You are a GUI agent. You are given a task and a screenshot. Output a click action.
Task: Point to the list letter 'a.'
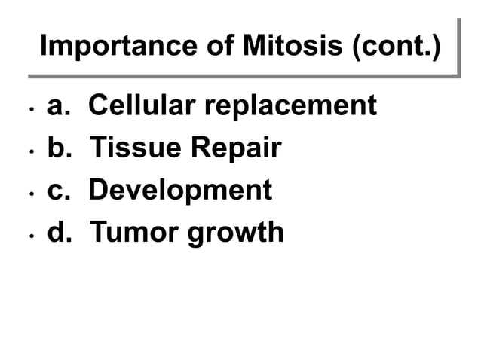click(59, 106)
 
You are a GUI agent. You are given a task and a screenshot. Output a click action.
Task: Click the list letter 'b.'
click(60, 148)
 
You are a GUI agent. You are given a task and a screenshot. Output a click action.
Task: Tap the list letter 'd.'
click(60, 233)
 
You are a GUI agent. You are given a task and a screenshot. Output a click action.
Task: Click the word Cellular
click(141, 106)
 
